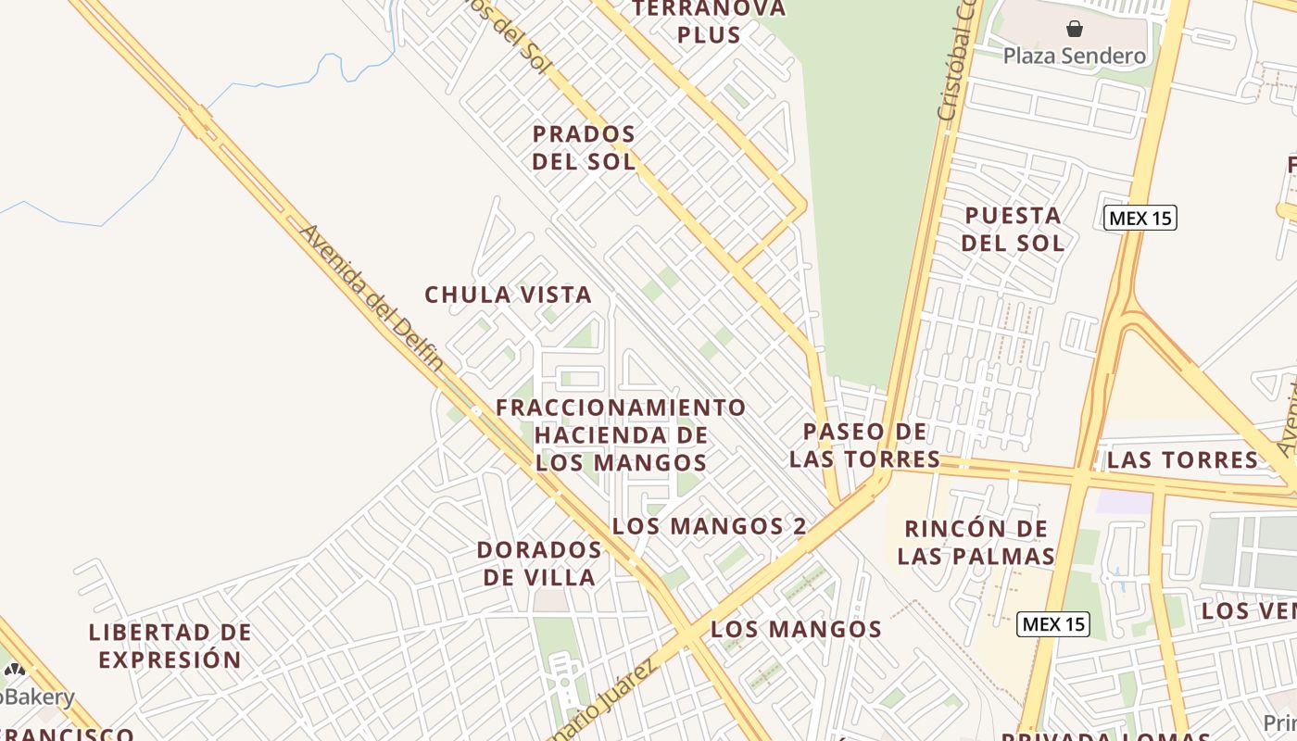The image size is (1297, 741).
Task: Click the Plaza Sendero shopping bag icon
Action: (1075, 29)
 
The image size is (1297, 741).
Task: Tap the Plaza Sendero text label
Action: (1075, 57)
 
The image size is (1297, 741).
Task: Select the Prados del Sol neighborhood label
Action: (584, 147)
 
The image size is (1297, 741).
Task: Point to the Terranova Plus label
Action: (709, 22)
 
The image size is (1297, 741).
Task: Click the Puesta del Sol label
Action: (1013, 229)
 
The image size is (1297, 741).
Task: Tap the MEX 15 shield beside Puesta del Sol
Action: (1140, 219)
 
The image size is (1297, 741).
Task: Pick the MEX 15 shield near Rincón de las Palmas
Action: (1053, 624)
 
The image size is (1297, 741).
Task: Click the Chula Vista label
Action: (508, 295)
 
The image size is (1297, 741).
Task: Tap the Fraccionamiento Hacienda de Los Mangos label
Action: (621, 434)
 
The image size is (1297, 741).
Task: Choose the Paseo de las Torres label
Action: (864, 445)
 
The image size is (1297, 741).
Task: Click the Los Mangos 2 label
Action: (709, 526)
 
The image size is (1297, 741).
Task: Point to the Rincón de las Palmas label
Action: (976, 542)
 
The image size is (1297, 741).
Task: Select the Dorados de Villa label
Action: (538, 563)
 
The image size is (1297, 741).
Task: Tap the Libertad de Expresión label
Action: (170, 646)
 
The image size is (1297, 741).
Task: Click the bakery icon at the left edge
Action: (13, 672)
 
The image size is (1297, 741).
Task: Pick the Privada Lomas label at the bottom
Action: (1093, 735)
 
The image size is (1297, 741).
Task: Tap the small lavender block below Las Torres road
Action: (1124, 501)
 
